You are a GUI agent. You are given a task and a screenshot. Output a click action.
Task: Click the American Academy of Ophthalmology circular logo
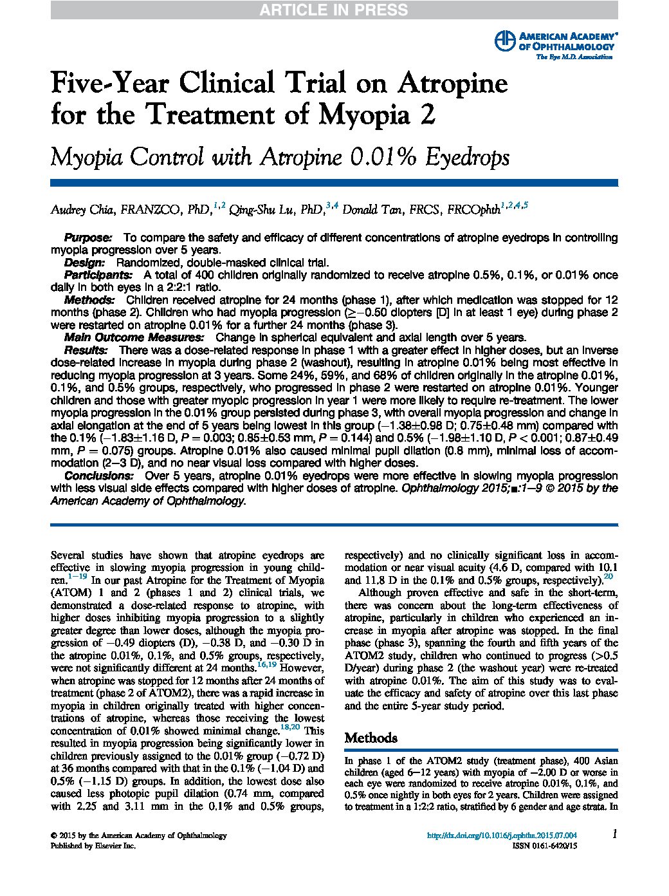(505, 41)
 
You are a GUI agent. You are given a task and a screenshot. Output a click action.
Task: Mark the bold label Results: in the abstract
(86, 350)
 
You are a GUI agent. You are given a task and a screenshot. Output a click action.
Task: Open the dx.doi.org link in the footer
(502, 836)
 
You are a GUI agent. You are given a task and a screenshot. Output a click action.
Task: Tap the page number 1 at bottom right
(614, 835)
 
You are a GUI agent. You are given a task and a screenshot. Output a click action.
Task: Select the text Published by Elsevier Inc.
(93, 847)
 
